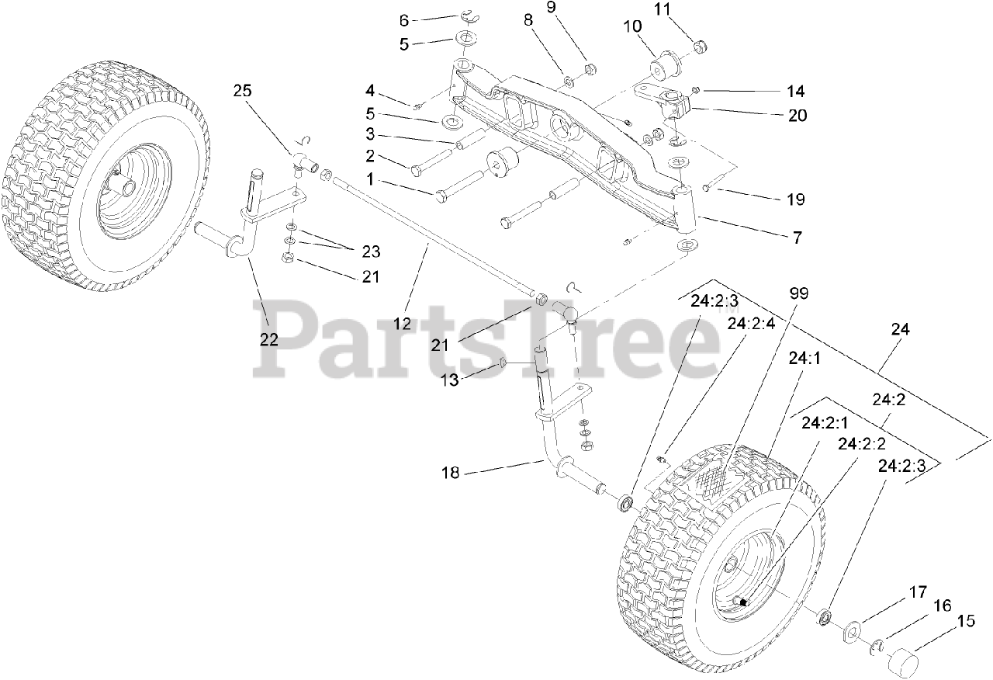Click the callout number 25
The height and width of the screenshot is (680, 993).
point(243,92)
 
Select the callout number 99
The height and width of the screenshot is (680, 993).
point(798,293)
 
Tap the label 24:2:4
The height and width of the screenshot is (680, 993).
point(751,324)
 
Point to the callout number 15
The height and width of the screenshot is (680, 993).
point(966,620)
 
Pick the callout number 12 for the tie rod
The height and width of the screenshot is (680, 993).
point(401,324)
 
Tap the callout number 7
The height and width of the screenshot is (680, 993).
point(796,238)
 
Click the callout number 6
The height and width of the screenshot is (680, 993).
point(403,19)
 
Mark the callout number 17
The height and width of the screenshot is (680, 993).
point(919,592)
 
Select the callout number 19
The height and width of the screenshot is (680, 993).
point(795,199)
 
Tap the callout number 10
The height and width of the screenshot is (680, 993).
point(631,26)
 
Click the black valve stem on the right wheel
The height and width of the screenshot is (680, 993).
point(742,602)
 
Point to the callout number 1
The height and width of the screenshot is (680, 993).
point(370,179)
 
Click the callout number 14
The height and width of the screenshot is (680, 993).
point(795,91)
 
